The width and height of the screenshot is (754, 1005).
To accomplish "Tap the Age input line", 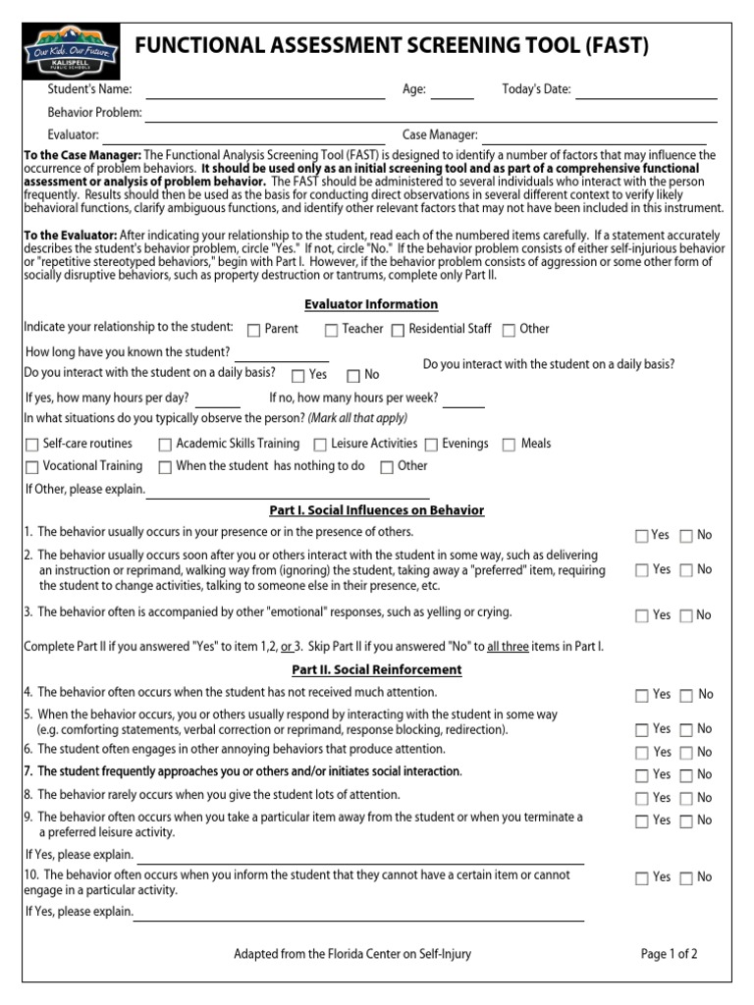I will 452,92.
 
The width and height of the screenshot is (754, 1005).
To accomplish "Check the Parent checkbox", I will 254,331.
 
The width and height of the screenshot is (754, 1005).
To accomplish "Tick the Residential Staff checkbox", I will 398,331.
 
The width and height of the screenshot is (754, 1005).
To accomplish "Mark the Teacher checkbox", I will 332,331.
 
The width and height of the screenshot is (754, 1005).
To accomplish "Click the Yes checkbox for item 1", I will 642,537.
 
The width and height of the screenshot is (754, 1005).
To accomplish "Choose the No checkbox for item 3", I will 686,617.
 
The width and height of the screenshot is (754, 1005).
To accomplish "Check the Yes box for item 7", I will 642,776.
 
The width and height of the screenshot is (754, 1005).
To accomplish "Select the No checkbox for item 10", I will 686,879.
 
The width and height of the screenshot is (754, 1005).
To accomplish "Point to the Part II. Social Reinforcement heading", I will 376,670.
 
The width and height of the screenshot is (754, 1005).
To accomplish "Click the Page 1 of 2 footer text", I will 669,954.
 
